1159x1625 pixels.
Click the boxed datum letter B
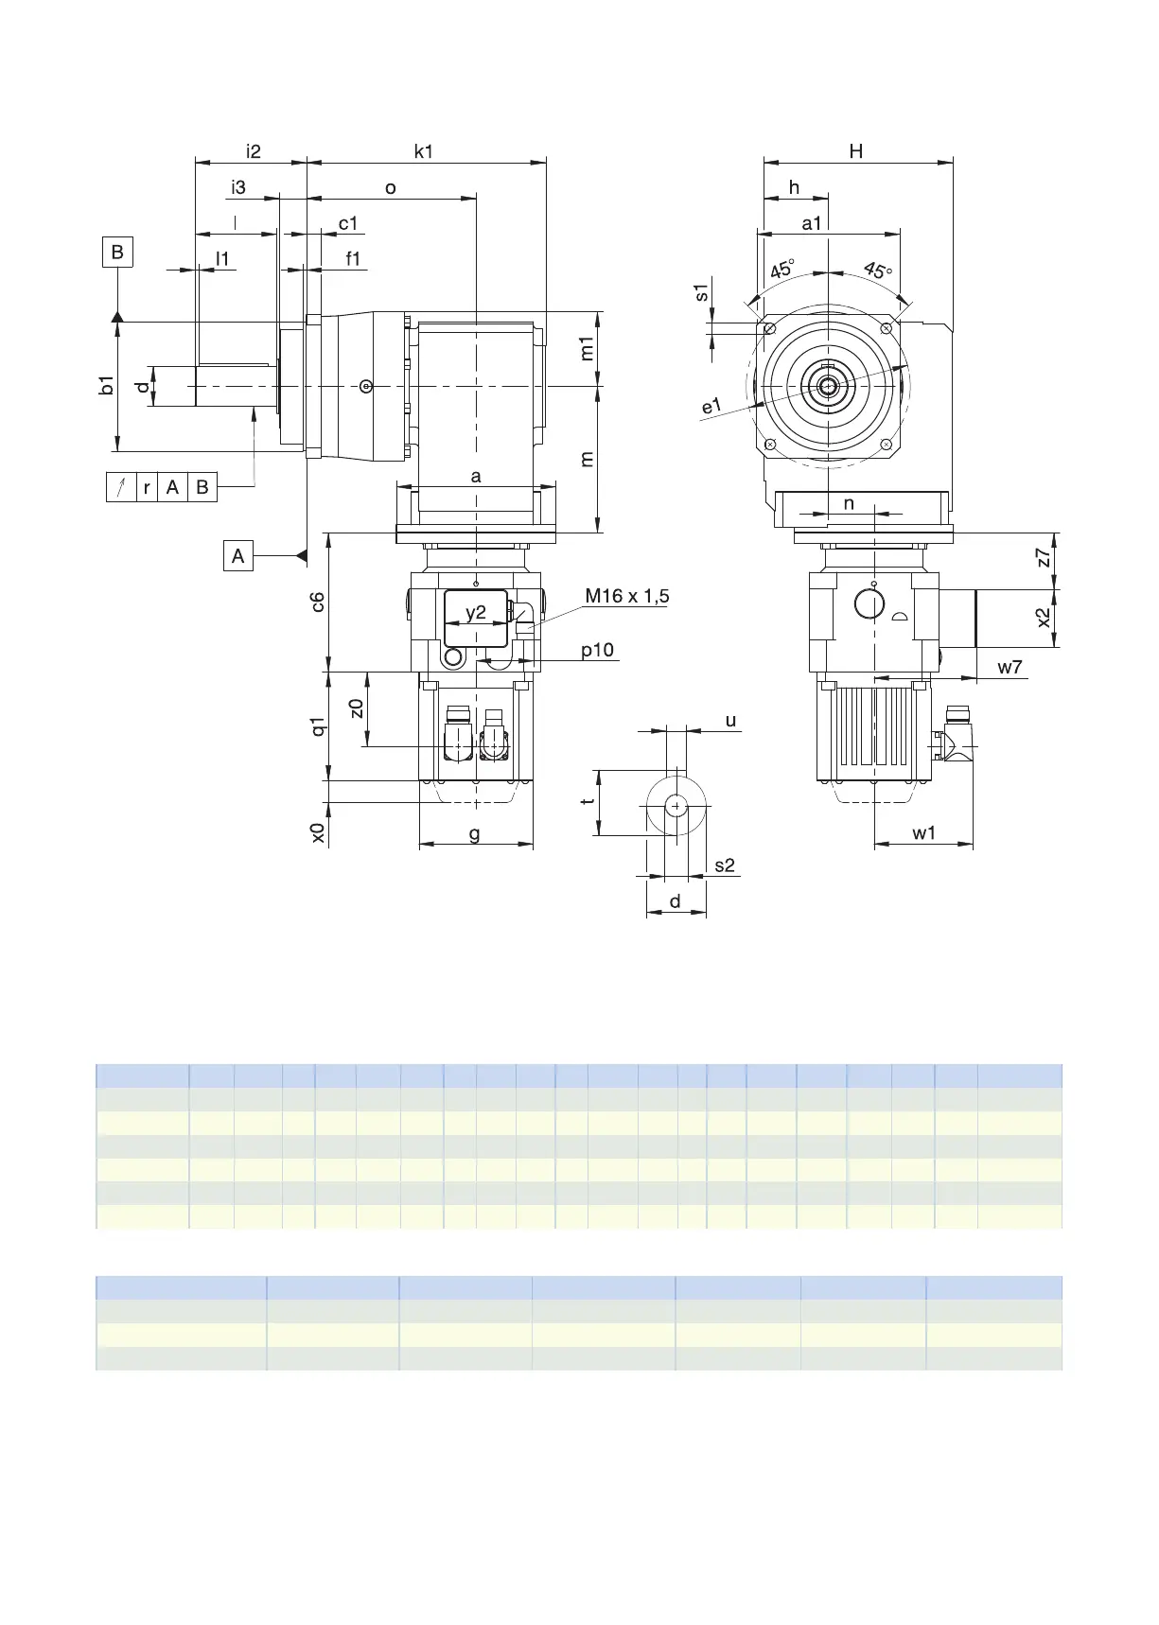click(x=117, y=253)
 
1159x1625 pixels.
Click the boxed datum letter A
click(x=238, y=555)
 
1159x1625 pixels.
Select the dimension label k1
click(x=424, y=151)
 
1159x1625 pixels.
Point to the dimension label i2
click(x=253, y=151)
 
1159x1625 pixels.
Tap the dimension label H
click(x=856, y=151)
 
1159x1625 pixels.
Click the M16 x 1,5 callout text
click(x=626, y=596)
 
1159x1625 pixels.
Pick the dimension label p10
click(x=597, y=651)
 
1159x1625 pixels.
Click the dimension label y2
click(x=476, y=612)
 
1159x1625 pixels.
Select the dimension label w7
click(x=1010, y=667)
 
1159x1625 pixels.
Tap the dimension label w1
click(x=924, y=833)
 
